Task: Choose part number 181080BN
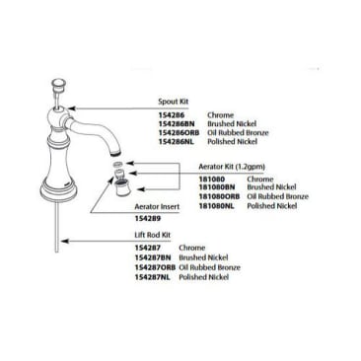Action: pyautogui.click(x=216, y=186)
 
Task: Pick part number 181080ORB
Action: pyautogui.click(x=218, y=195)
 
